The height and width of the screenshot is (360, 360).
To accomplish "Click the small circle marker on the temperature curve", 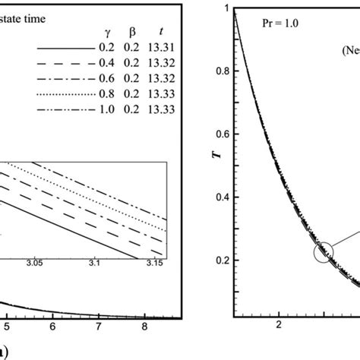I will click(323, 251).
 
